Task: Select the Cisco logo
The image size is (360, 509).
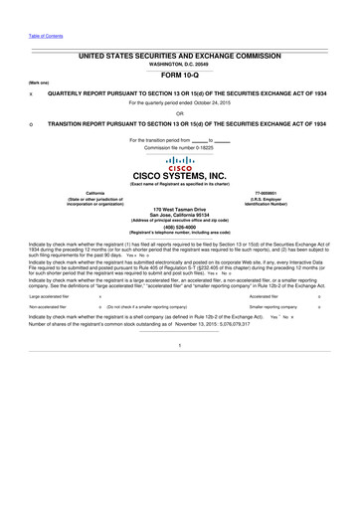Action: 179,162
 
